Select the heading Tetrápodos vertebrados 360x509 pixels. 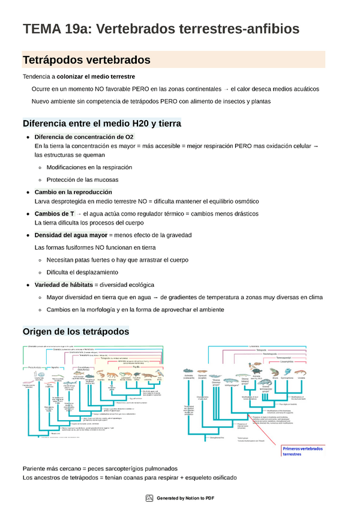86,60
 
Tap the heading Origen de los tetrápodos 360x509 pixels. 76,331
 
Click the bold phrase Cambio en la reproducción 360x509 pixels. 73,191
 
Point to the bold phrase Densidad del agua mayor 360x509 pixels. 71,235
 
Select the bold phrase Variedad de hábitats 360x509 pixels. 64,284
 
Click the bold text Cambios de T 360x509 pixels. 55,214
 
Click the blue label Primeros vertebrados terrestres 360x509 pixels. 302,451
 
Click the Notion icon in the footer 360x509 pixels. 150,498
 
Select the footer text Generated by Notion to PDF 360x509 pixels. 185,498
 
